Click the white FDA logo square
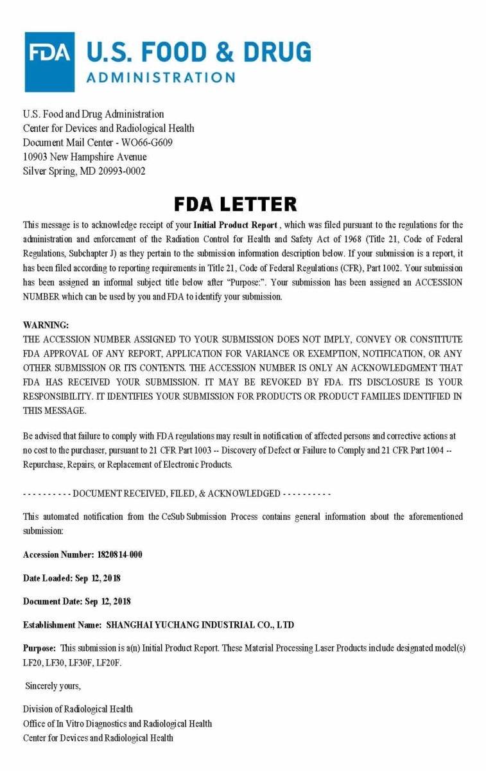49,62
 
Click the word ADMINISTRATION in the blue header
161,78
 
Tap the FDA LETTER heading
236,204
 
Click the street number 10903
37,157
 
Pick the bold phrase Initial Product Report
236,225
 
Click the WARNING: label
46,325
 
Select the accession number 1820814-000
120,554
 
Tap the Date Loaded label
47,578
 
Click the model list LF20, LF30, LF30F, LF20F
72,662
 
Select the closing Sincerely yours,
53,686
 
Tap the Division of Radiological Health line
78,709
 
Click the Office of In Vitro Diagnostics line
117,723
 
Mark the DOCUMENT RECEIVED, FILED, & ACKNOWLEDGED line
177,493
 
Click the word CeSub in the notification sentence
173,517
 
